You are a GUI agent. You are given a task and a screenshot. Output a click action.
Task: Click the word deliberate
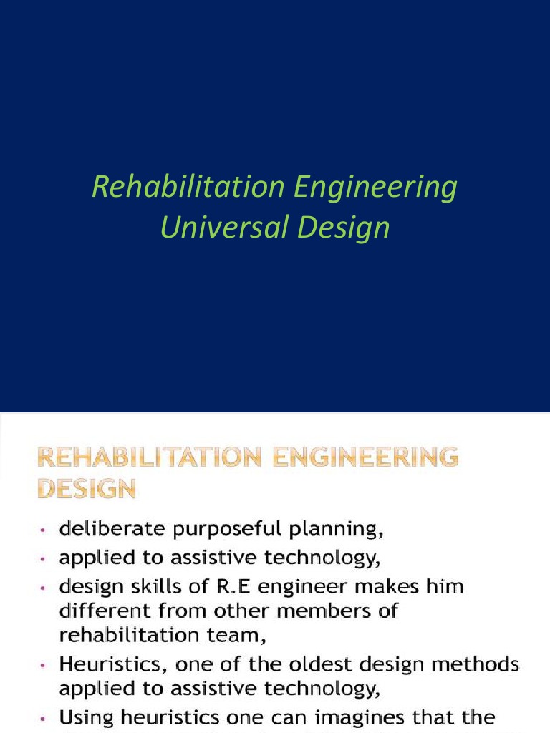click(x=105, y=530)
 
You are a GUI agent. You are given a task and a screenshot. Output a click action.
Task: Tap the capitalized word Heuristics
click(x=105, y=665)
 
